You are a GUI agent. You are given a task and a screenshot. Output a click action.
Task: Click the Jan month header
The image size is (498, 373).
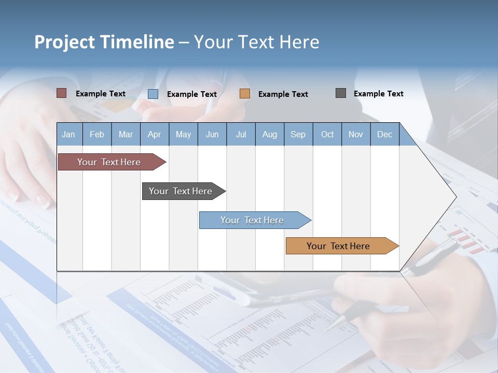click(68, 134)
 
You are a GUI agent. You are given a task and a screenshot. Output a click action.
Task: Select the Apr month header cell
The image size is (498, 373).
click(154, 134)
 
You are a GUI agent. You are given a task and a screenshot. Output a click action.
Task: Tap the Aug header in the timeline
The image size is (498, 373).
click(269, 134)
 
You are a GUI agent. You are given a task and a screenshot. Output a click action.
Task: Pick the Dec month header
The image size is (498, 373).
click(384, 134)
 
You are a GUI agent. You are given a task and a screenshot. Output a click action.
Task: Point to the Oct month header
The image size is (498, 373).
click(327, 134)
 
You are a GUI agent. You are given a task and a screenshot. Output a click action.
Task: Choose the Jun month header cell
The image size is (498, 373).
click(212, 134)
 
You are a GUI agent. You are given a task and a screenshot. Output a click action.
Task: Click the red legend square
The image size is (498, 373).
click(62, 93)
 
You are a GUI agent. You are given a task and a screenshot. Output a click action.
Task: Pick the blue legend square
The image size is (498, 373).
click(153, 94)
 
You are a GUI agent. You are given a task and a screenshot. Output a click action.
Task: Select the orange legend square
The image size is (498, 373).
click(245, 94)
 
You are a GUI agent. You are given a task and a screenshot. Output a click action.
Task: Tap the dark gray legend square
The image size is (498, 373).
click(341, 93)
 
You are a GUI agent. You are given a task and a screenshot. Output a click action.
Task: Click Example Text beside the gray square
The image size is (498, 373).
click(378, 94)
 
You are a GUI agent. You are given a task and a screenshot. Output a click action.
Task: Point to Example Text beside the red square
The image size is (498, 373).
click(100, 94)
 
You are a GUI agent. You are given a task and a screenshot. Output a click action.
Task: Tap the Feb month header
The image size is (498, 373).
click(97, 134)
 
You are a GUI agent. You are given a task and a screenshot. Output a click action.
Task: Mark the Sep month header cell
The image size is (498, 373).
click(298, 134)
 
